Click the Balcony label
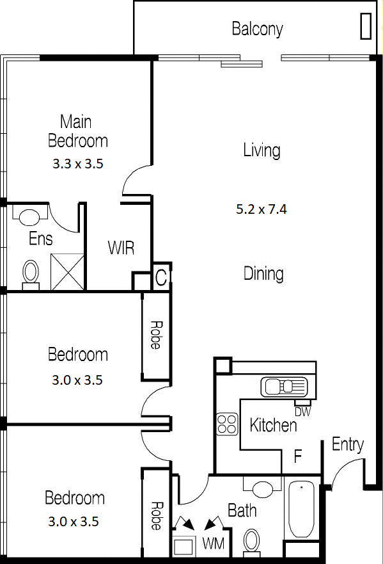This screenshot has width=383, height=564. pyautogui.click(x=257, y=29)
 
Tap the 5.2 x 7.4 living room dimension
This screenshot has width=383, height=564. pyautogui.click(x=262, y=209)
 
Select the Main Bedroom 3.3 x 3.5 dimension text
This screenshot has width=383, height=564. pyautogui.click(x=78, y=164)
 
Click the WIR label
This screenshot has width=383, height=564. pyautogui.click(x=121, y=248)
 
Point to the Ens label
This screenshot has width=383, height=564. pyautogui.click(x=40, y=239)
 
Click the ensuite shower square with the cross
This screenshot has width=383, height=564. pyautogui.click(x=67, y=271)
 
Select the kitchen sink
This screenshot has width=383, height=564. pyautogui.click(x=284, y=387)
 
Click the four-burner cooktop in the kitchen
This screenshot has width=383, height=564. pyautogui.click(x=227, y=424)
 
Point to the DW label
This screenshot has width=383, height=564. pyautogui.click(x=302, y=412)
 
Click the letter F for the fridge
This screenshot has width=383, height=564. pyautogui.click(x=297, y=456)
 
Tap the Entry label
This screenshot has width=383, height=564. pyautogui.click(x=347, y=445)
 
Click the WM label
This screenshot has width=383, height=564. pyautogui.click(x=214, y=543)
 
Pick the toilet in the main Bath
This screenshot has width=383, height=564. pyautogui.click(x=251, y=540)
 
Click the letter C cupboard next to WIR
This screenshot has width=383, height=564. pyautogui.click(x=161, y=277)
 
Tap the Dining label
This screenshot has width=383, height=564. pyautogui.click(x=263, y=274)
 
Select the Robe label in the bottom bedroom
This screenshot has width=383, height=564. pyautogui.click(x=156, y=516)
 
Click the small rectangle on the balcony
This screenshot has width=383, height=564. pyautogui.click(x=366, y=26)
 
